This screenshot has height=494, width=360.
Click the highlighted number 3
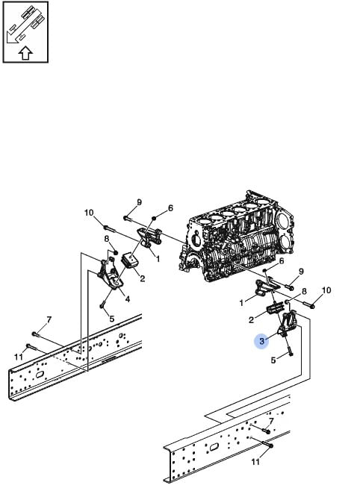[x=261, y=341]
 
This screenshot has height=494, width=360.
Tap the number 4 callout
[x=128, y=299]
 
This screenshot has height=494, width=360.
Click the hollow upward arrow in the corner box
[x=25, y=53]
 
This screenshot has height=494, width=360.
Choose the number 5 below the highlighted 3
[x=273, y=360]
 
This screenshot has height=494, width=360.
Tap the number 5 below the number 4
[x=111, y=319]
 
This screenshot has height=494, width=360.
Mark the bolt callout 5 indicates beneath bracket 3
[x=289, y=348]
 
